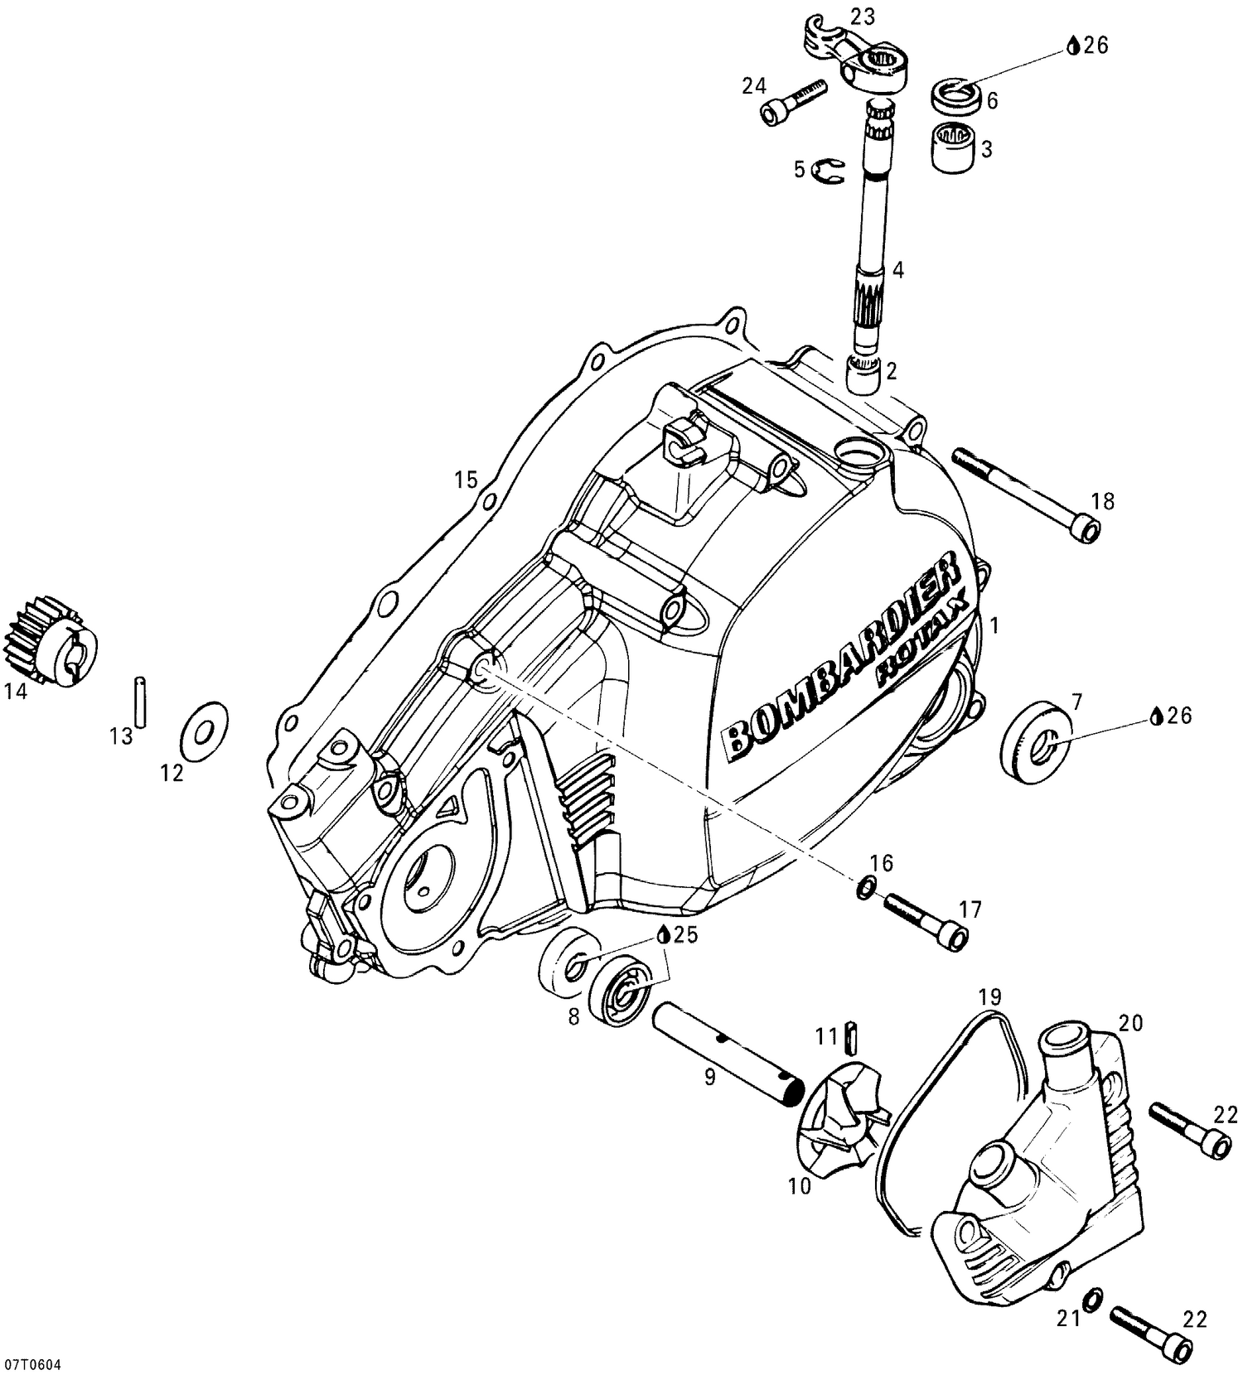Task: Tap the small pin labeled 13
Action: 141,702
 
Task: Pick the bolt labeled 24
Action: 792,100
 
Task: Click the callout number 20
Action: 1131,1024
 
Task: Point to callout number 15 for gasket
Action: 466,479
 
